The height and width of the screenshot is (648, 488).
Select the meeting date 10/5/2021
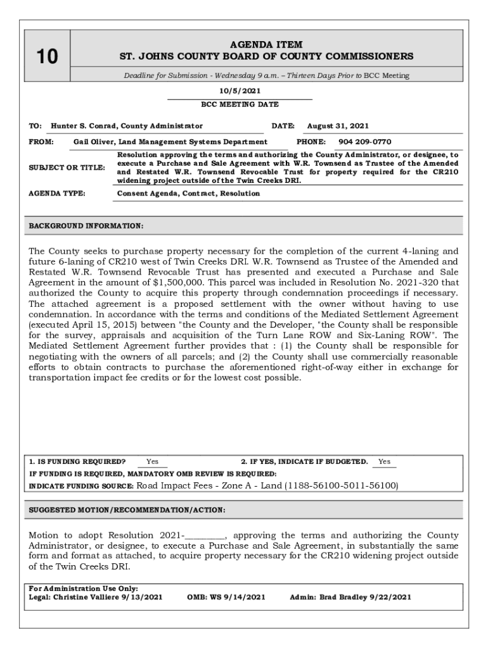(x=240, y=91)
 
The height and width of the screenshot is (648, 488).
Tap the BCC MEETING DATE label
(x=240, y=104)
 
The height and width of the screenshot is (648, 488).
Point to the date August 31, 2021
(x=338, y=126)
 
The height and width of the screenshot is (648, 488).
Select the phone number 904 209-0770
(x=364, y=142)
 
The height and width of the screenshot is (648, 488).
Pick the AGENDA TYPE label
(x=57, y=193)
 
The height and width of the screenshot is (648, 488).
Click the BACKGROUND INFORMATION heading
(x=86, y=226)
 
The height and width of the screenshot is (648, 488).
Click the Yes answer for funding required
(x=152, y=461)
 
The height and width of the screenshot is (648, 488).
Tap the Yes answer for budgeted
(x=384, y=461)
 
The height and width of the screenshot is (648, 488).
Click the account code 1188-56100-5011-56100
(x=341, y=485)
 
